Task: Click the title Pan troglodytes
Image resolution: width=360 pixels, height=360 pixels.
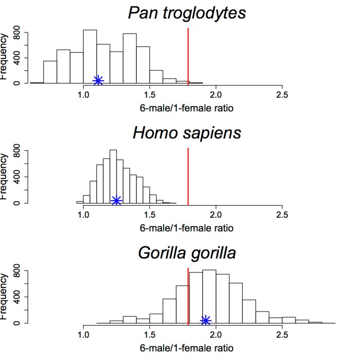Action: click(187, 13)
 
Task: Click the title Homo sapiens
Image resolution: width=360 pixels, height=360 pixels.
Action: click(187, 132)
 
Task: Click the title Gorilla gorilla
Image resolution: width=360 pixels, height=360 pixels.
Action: click(187, 252)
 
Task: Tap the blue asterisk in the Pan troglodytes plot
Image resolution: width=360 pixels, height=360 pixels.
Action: click(98, 80)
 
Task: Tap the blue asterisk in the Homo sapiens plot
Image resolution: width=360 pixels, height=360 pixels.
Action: click(117, 200)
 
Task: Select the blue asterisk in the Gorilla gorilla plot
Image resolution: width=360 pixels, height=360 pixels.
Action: click(206, 320)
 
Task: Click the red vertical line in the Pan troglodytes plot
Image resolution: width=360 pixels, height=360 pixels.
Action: click(188, 53)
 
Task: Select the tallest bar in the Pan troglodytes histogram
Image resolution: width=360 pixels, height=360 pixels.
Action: click(90, 56)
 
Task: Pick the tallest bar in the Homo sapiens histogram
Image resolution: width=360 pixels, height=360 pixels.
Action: click(113, 176)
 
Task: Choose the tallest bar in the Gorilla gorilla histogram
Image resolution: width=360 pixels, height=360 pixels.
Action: click(209, 296)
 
